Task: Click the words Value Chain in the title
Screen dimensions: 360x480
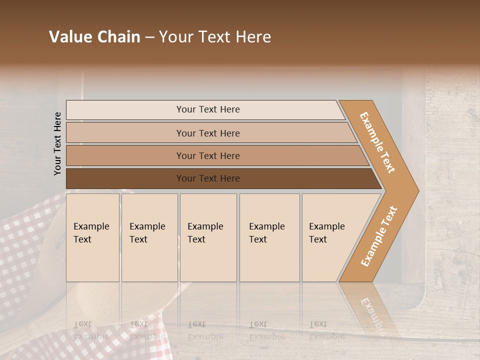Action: [x=94, y=37]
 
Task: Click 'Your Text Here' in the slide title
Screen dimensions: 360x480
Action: [x=215, y=37]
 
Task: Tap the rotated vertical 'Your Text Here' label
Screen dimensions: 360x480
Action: [x=58, y=143]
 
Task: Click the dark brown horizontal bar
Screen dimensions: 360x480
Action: [x=125, y=178]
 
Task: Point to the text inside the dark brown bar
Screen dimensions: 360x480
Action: [x=208, y=178]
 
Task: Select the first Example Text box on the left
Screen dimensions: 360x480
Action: [x=92, y=237]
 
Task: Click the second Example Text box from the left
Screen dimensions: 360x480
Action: [x=149, y=237]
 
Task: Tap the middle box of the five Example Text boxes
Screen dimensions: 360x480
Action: [x=208, y=237]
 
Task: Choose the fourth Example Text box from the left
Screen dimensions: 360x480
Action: [x=269, y=237]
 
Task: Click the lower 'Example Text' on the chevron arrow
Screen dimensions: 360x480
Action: [x=379, y=236]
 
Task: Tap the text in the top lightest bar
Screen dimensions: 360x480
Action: [x=208, y=109]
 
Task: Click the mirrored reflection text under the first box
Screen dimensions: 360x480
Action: [x=91, y=330]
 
